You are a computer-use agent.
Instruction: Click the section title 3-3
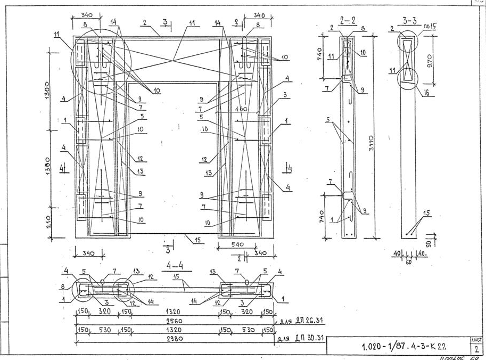pos(409,21)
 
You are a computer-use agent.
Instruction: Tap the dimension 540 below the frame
pos(238,244)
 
